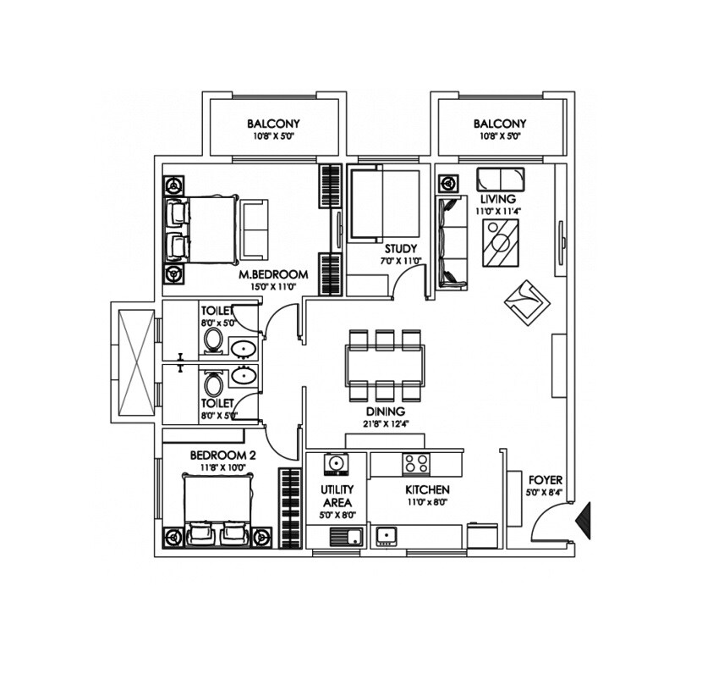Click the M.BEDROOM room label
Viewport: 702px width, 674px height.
pos(272,275)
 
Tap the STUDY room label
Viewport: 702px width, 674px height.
pos(400,249)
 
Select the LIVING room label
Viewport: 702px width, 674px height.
pos(496,199)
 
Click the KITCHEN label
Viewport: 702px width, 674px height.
pos(426,490)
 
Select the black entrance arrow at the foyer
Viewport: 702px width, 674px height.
pos(583,517)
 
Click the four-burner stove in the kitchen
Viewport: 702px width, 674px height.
pos(416,463)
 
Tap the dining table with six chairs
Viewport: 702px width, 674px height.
pos(384,362)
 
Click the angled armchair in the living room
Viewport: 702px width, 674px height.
pos(527,301)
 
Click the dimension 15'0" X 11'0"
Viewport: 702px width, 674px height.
pos(272,288)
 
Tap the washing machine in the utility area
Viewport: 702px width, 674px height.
pos(336,464)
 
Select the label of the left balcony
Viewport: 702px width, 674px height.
pos(273,124)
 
